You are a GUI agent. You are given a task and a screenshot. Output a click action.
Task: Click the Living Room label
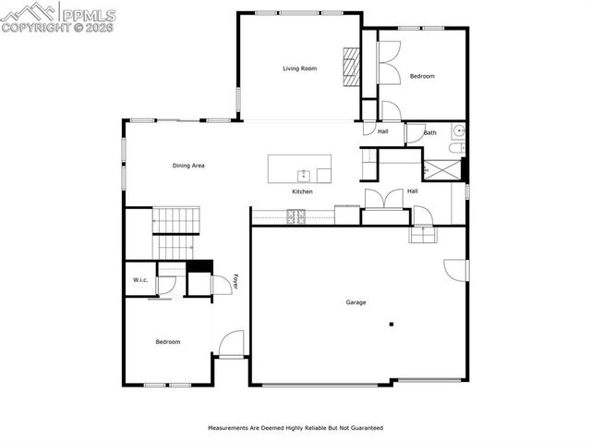pyautogui.click(x=299, y=68)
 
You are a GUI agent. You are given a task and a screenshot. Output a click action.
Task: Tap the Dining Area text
pyautogui.click(x=188, y=166)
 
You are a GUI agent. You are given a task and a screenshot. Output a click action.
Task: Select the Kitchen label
pyautogui.click(x=302, y=191)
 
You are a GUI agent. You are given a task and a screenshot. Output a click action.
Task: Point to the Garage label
pyautogui.click(x=356, y=302)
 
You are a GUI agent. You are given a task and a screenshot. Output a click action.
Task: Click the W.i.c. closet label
pyautogui.click(x=140, y=280)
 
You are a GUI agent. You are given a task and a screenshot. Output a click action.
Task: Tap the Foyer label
pyautogui.click(x=235, y=282)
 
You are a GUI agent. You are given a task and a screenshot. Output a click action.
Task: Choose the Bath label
pyautogui.click(x=430, y=133)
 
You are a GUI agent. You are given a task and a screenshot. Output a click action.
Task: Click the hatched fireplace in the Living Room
pyautogui.click(x=350, y=67)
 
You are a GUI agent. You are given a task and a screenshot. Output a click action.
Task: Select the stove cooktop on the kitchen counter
pyautogui.click(x=296, y=216)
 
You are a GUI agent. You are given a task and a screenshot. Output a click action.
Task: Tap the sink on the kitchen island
pyautogui.click(x=303, y=174)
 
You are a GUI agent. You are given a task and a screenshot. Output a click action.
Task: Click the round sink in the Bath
pyautogui.click(x=457, y=131)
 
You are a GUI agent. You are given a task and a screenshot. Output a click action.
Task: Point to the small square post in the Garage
pyautogui.click(x=392, y=324)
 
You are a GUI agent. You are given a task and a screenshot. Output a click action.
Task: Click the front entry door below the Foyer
pyautogui.click(x=231, y=343)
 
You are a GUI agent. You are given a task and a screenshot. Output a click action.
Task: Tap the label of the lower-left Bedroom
pyautogui.click(x=167, y=342)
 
